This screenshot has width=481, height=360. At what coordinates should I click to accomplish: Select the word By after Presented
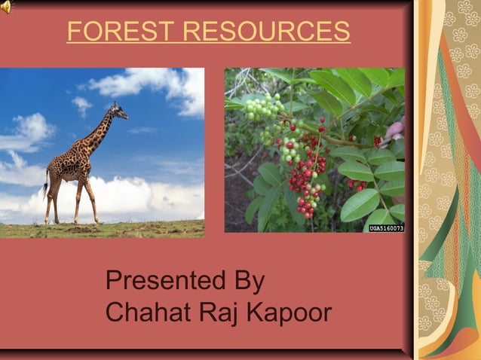point(247,282)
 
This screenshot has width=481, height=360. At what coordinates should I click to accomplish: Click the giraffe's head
point(118,112)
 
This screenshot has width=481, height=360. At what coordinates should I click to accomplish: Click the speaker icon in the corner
point(7,7)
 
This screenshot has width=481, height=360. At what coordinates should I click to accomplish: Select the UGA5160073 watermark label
point(386,227)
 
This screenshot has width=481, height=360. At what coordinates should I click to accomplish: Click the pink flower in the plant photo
point(395,130)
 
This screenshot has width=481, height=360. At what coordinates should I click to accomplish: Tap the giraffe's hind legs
point(53,202)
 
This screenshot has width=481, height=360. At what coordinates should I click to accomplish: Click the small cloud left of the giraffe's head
point(82,105)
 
